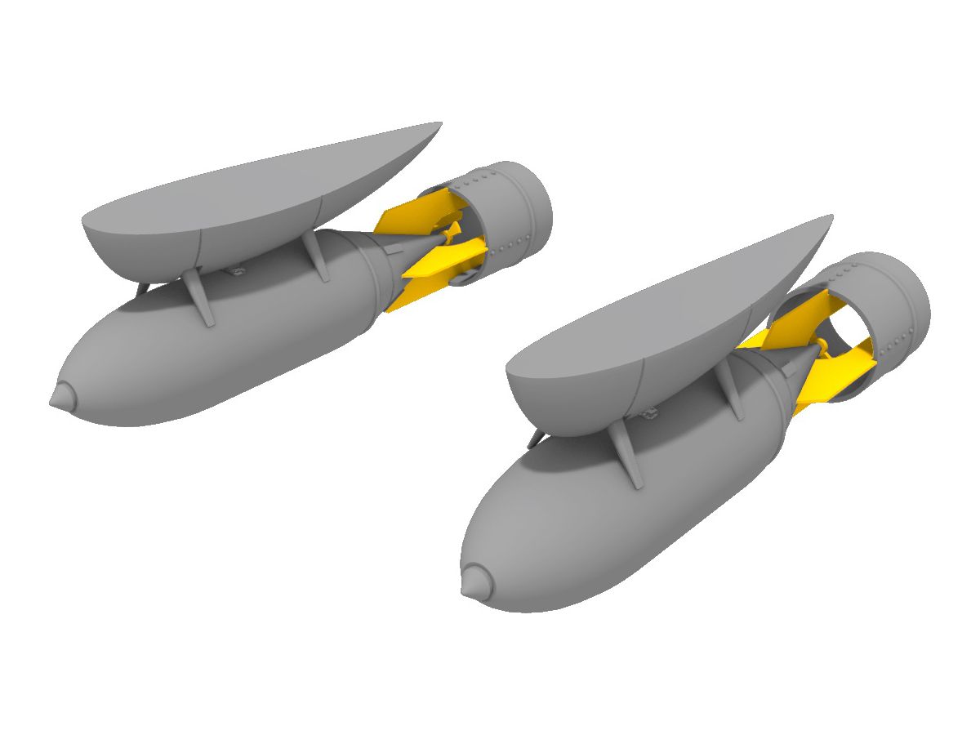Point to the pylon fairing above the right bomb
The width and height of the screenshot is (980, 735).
tap(653, 327)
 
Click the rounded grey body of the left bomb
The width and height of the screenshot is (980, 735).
tap(204, 359)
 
